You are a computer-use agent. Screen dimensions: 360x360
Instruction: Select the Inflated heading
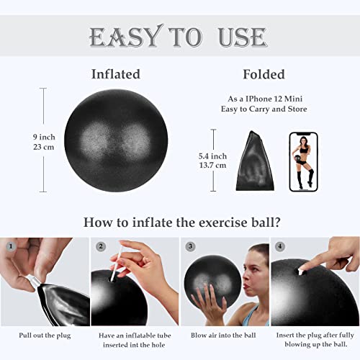click(x=115, y=74)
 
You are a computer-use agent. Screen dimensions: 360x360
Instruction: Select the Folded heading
click(x=265, y=74)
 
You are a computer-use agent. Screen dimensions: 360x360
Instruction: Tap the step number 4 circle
click(x=279, y=246)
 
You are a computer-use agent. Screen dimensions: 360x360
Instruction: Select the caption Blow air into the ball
click(x=225, y=335)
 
